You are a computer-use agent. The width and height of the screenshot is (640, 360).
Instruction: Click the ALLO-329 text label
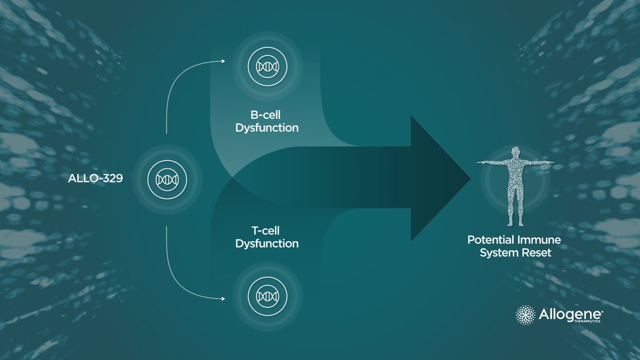(x=96, y=179)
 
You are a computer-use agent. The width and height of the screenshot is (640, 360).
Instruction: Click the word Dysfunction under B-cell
(x=267, y=129)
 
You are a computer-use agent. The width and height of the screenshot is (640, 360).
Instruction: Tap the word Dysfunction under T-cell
(x=267, y=244)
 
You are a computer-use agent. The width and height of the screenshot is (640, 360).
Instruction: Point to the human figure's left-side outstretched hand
(x=479, y=162)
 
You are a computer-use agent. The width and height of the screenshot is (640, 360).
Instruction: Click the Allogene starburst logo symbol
(x=525, y=314)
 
